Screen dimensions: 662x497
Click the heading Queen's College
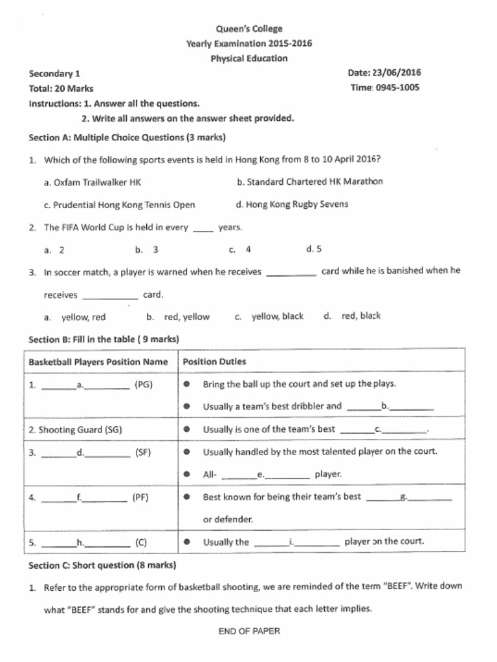coord(248,28)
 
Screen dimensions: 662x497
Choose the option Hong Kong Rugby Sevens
coord(292,204)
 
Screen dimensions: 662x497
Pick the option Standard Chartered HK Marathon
coord(310,182)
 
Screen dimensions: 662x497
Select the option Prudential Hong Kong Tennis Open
coord(119,205)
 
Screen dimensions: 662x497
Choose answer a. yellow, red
coord(75,317)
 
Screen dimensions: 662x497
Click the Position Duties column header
coord(214,361)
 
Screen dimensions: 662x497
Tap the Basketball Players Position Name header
coord(98,361)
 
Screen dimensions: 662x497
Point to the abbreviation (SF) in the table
coord(143,453)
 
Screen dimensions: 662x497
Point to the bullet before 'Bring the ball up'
coord(186,384)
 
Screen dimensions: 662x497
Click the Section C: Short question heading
coord(102,565)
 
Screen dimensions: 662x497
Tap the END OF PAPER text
coord(249,631)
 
